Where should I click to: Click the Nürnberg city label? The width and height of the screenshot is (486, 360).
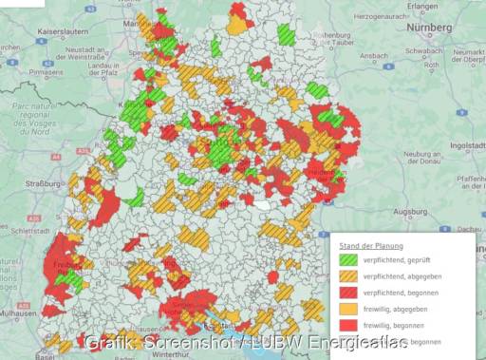coord(428,28)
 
